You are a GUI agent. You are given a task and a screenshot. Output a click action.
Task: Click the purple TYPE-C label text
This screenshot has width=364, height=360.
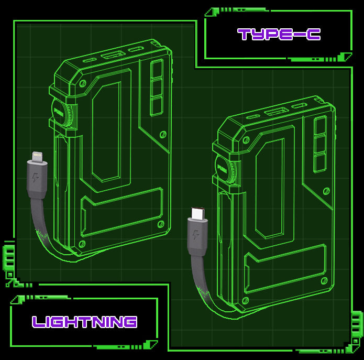(279, 34)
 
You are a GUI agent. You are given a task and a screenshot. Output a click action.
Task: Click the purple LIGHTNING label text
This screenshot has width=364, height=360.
(84, 321)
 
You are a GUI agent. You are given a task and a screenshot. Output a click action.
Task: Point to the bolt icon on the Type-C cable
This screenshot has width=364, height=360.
(195, 234)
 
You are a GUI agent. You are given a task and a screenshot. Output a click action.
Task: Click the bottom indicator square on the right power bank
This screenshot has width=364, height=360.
(320, 162)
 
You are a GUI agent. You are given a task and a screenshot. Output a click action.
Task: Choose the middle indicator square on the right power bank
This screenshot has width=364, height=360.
(320, 144)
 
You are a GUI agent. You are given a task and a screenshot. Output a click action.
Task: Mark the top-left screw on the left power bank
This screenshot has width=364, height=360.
(82, 83)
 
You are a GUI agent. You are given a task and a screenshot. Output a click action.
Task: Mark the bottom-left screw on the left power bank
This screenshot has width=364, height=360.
(81, 244)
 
